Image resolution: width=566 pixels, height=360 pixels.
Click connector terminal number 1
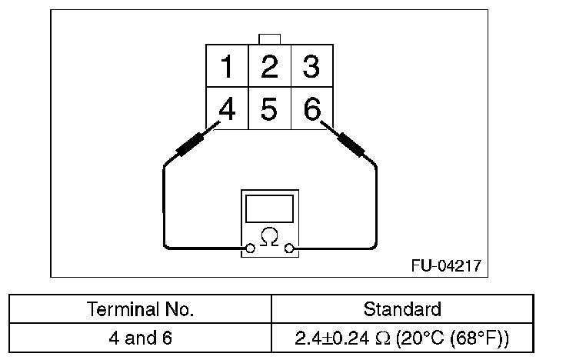227,66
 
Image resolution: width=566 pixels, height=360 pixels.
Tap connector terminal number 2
268,66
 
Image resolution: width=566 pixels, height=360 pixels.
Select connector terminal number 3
311,66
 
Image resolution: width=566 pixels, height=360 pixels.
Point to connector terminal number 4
227,109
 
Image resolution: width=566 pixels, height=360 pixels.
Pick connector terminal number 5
268,109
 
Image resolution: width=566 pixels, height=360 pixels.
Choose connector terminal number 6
311,109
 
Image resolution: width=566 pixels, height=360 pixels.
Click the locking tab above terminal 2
269,39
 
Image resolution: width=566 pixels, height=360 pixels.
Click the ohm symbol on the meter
269,236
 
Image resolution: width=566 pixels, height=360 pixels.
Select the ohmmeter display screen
269,208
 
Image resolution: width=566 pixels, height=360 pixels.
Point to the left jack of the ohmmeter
249,248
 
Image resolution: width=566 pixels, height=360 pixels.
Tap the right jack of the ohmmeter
289,248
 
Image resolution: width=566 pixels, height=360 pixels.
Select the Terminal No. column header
141,310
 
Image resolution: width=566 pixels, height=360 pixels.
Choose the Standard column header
402,310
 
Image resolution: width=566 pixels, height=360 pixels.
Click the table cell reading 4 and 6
141,338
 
